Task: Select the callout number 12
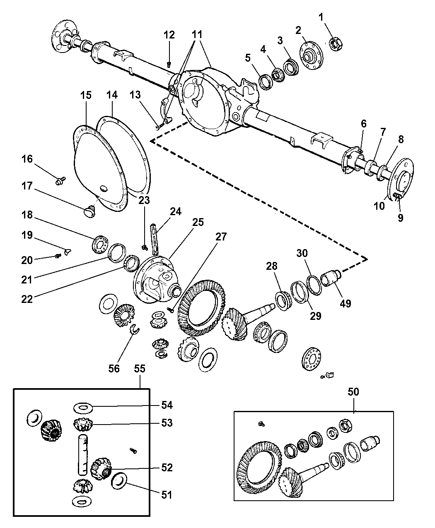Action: [169, 35]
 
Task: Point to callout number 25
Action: [198, 222]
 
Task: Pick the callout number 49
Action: [345, 303]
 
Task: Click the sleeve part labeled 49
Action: [331, 277]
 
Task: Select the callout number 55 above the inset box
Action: [140, 368]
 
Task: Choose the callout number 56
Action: [114, 368]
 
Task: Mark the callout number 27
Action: [221, 237]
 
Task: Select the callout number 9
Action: [400, 218]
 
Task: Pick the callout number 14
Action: [111, 95]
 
